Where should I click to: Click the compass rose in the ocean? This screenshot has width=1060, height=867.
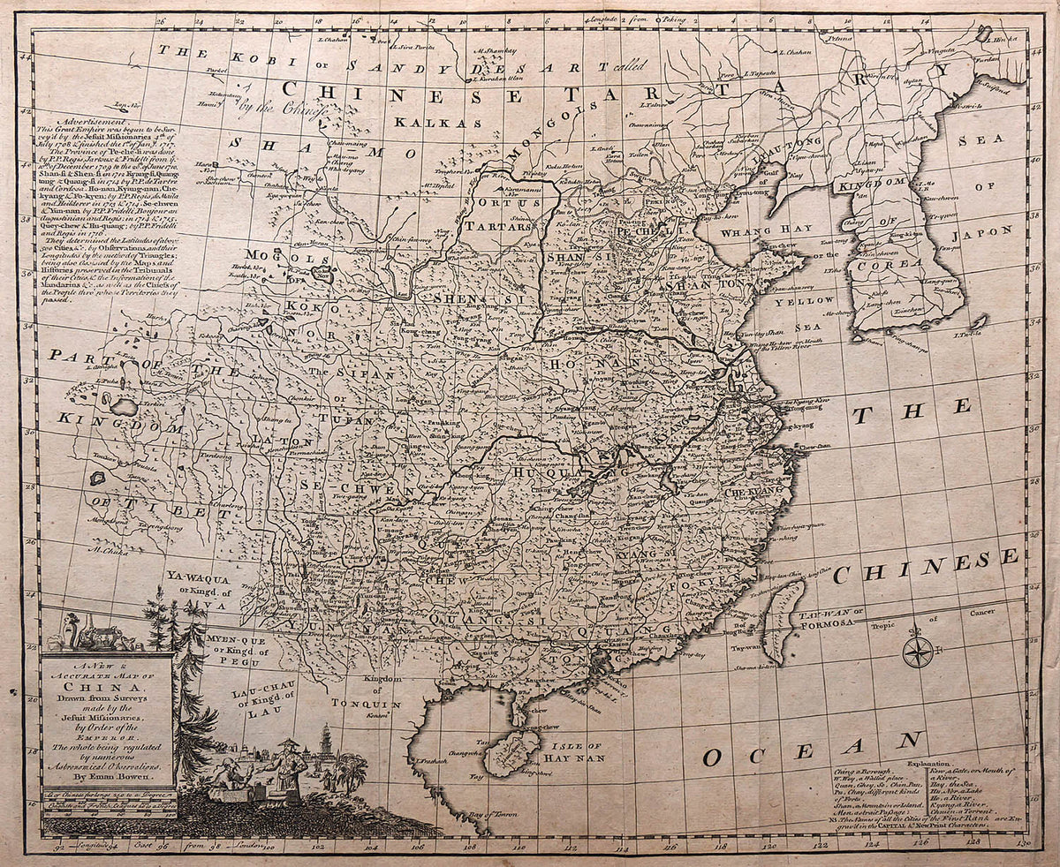click(917, 652)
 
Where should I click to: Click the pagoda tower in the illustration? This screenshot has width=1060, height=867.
click(328, 747)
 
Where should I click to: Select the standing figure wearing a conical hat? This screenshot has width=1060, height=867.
click(287, 765)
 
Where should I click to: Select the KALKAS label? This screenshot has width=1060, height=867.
click(426, 123)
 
